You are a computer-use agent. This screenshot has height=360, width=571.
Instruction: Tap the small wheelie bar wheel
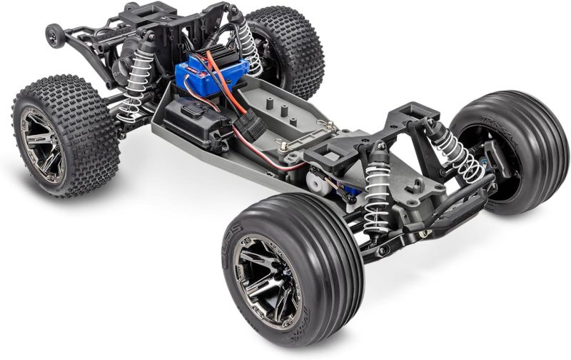[x=53, y=34]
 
